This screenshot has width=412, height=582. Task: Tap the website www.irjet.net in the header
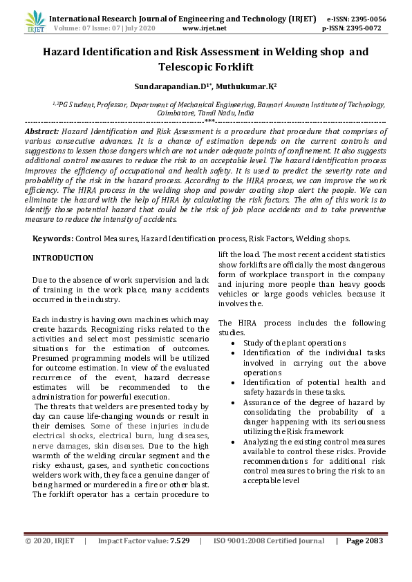[x=204, y=28]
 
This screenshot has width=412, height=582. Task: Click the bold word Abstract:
[x=42, y=131]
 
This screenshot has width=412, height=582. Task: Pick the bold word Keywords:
[x=53, y=238]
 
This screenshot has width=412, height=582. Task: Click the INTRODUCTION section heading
[x=63, y=258]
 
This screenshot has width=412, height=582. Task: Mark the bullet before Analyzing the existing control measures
[x=236, y=442]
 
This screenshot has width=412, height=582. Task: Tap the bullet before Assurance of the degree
[x=236, y=402]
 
